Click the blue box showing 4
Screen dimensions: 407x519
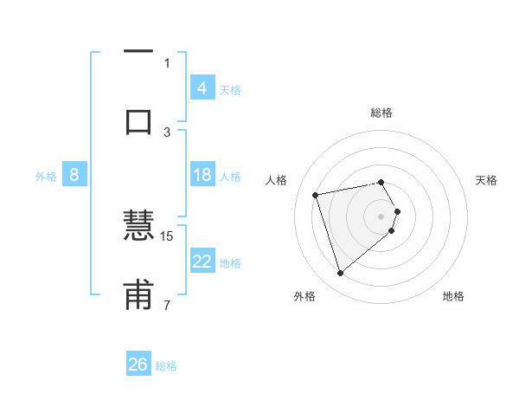(202, 87)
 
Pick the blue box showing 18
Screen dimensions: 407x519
(202, 175)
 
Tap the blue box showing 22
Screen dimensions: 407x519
(202, 262)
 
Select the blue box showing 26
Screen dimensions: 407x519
(138, 365)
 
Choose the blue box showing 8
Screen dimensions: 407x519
(74, 175)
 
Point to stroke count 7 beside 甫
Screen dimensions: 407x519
(167, 305)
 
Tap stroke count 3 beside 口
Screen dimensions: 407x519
(167, 132)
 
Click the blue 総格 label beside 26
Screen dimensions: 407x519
(166, 366)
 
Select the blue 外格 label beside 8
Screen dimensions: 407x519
(46, 177)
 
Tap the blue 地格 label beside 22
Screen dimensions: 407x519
(230, 263)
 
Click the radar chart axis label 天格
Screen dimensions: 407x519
(486, 180)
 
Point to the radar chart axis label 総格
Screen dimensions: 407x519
(381, 113)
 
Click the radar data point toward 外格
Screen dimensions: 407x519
(340, 274)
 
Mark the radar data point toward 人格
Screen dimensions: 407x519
(316, 194)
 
